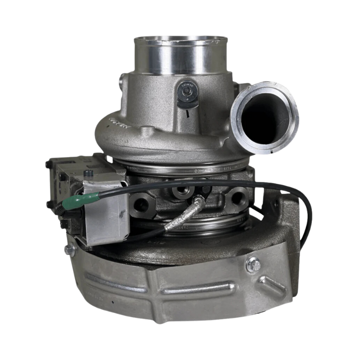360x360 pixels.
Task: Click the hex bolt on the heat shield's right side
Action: [253, 264]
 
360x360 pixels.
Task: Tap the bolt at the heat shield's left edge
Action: [70, 249]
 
